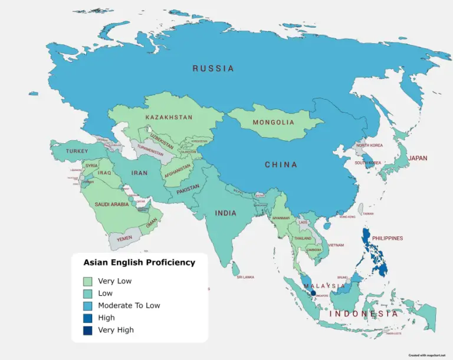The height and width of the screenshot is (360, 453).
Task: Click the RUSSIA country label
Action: coord(213,68)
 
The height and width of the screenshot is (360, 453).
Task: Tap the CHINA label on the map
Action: coord(281,165)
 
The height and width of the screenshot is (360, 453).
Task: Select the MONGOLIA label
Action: coord(273,123)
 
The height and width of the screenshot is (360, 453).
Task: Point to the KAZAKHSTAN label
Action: coord(169,117)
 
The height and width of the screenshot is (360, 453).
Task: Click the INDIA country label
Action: coord(225,213)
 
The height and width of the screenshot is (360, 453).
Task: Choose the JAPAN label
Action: coord(418,158)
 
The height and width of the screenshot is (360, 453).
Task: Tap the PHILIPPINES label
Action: coord(388,239)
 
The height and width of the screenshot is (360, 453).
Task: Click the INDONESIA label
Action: coord(363,313)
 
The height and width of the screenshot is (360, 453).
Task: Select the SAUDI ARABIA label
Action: coord(111,204)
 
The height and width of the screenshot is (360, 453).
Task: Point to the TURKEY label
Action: coord(77,151)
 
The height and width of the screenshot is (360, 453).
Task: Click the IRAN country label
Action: coord(139,173)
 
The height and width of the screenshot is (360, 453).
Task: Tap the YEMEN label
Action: coord(124,239)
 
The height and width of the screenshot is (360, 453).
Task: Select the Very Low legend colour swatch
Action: coord(88,281)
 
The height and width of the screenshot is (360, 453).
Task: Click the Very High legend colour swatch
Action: coord(88,330)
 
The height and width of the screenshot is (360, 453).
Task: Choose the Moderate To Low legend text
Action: coord(129,305)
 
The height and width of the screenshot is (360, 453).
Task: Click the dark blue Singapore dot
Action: coord(313,292)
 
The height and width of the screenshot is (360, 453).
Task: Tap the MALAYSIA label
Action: coord(324,286)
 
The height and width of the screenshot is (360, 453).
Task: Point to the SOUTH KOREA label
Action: coord(367,163)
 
